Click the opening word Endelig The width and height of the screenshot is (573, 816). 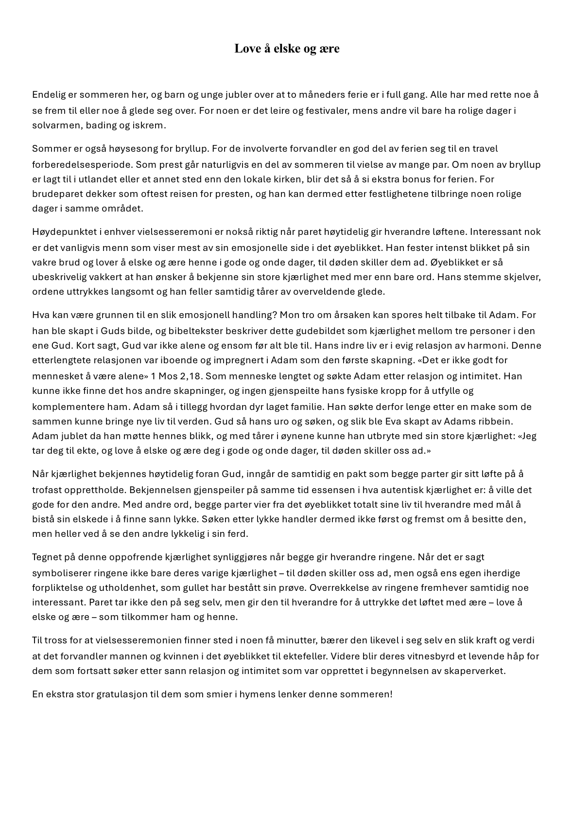coord(48,94)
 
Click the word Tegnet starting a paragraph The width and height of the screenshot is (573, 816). coord(47,557)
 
